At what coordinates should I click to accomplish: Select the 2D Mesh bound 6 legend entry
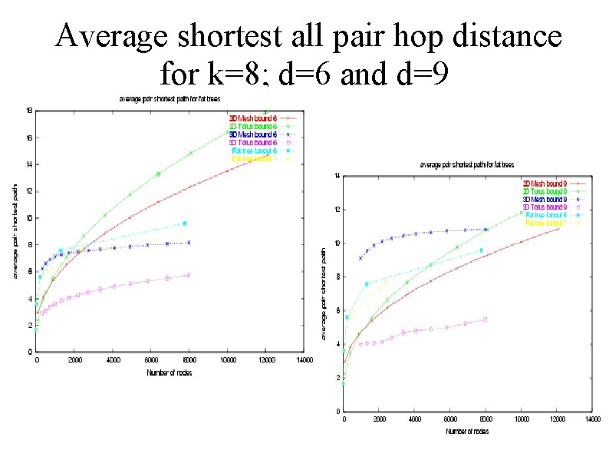[x=252, y=118]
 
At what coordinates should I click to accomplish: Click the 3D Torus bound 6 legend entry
[x=252, y=142]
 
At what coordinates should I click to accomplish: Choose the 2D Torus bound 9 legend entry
[x=546, y=190]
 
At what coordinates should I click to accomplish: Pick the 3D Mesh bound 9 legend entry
[x=546, y=198]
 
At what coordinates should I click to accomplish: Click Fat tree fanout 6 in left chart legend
[x=252, y=151]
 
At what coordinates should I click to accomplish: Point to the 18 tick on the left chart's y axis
[x=28, y=111]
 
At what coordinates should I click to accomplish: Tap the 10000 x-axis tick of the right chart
[x=521, y=420]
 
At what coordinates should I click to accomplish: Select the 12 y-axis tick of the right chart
[x=335, y=210]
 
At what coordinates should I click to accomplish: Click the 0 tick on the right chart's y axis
[x=337, y=412]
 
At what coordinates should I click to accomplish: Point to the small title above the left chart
[x=168, y=98]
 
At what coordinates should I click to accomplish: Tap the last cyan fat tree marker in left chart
[x=185, y=224]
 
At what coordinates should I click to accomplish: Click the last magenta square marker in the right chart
[x=485, y=320]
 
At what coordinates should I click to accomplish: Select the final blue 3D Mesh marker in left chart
[x=189, y=243]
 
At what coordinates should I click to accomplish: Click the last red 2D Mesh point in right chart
[x=558, y=229]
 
